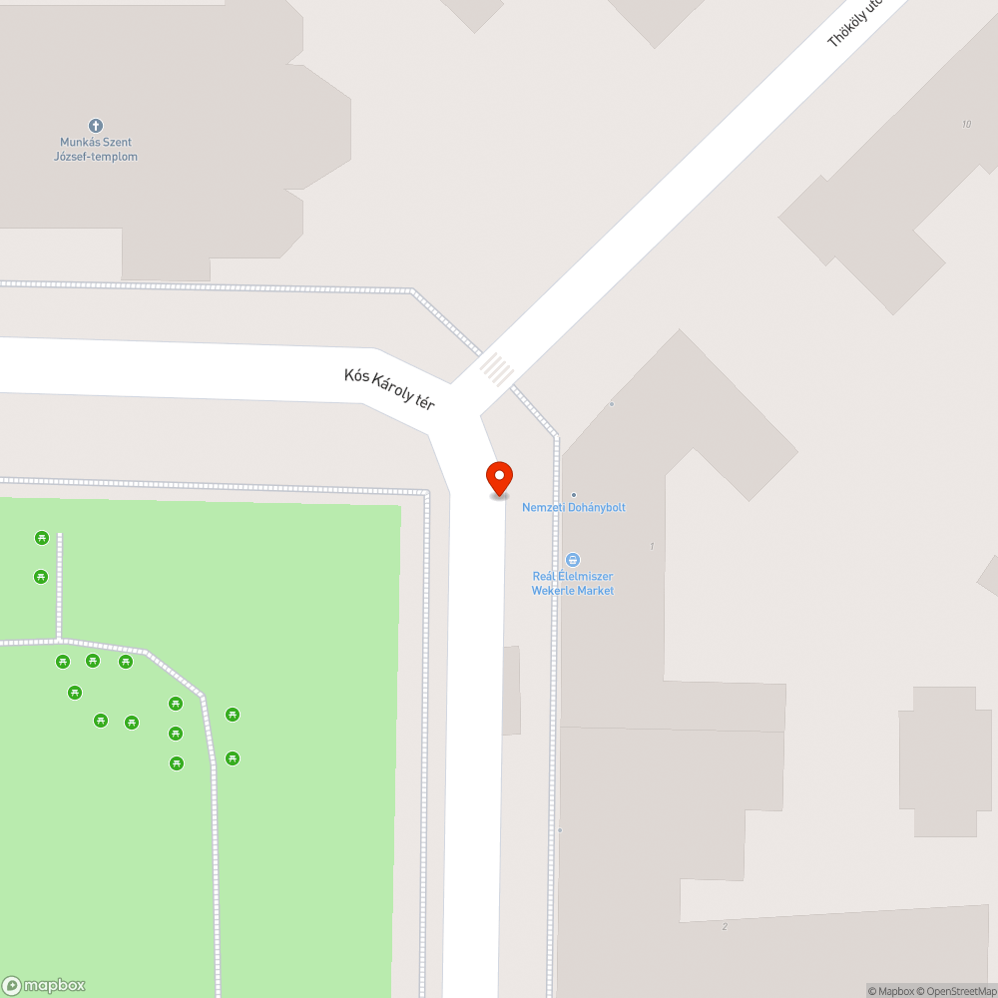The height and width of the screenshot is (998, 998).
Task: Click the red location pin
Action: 498,477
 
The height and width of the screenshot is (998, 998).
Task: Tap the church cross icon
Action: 96,125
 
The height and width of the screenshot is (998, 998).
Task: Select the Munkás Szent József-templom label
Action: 96,150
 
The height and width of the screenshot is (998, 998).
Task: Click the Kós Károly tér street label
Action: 389,389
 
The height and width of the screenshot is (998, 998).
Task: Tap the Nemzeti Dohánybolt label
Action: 574,507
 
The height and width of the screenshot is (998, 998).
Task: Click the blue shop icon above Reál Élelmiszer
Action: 573,560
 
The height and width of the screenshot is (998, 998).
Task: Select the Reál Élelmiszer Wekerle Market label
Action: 573,584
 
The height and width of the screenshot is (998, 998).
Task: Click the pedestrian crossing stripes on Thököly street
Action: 496,369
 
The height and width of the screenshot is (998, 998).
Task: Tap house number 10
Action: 966,124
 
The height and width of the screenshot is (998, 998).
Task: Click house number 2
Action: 725,926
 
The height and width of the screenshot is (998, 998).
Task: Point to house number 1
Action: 652,546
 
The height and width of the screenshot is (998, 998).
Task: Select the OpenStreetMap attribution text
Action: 957,991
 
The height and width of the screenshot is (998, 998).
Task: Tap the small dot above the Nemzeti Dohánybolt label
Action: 574,494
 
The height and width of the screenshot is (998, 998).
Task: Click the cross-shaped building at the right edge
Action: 938,760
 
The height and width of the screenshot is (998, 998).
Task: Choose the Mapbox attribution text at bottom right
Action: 890,991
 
